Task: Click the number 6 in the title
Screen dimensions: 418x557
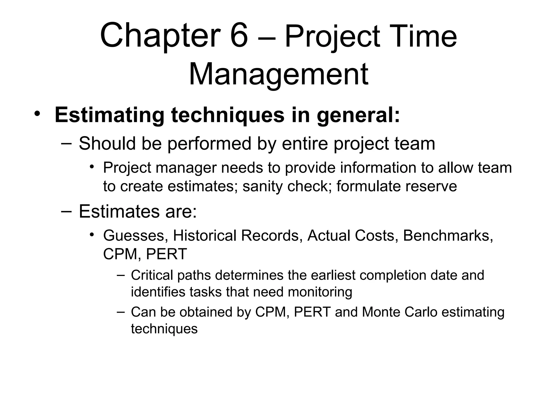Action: [x=239, y=36]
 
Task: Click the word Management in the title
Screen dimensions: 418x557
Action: [x=278, y=74]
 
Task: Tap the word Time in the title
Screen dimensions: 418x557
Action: [x=424, y=36]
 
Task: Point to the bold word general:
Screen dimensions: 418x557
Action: [x=358, y=115]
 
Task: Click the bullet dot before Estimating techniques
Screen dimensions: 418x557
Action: [x=37, y=114]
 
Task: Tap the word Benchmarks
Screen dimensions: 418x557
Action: [x=448, y=235]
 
